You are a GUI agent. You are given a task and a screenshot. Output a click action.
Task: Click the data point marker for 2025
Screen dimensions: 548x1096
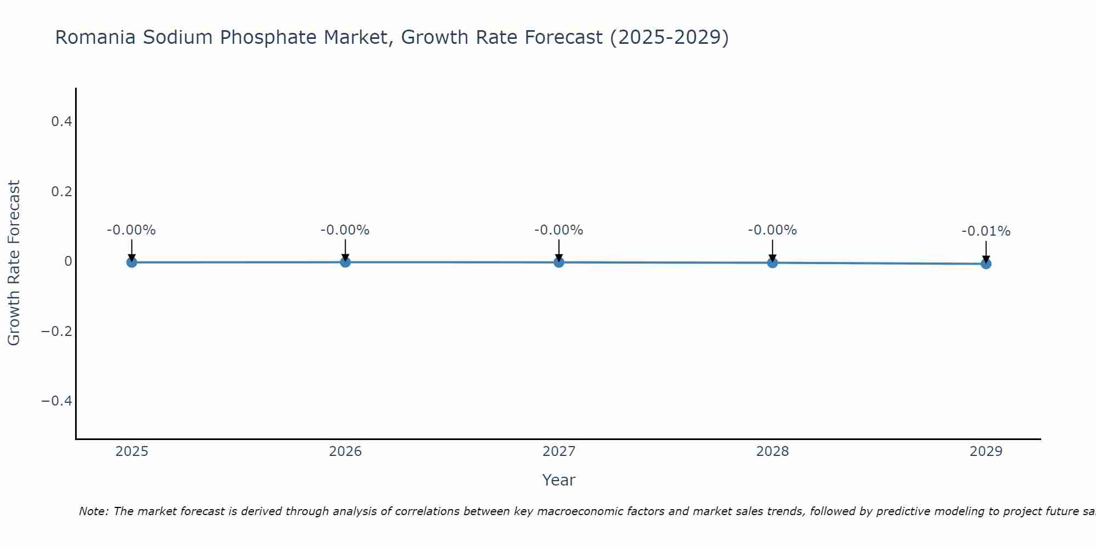pyautogui.click(x=132, y=262)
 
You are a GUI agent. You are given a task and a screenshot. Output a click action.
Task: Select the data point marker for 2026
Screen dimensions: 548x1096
pyautogui.click(x=345, y=262)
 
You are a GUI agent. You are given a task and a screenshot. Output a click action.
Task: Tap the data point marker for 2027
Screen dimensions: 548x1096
pyautogui.click(x=559, y=262)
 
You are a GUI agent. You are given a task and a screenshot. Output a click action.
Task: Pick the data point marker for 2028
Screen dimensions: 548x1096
pyautogui.click(x=772, y=262)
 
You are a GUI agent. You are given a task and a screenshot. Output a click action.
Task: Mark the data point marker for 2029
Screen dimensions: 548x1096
pyautogui.click(x=986, y=264)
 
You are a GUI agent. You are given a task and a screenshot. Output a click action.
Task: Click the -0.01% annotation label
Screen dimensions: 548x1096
pyautogui.click(x=986, y=231)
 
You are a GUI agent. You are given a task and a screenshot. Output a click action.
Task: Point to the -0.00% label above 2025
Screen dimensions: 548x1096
pyautogui.click(x=132, y=230)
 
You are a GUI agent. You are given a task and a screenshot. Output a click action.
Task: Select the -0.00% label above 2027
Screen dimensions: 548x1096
pyautogui.click(x=559, y=230)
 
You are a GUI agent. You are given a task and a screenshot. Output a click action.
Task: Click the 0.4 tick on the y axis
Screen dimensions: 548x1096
pyautogui.click(x=61, y=122)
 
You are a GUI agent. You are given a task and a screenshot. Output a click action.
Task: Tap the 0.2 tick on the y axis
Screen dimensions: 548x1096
pyautogui.click(x=61, y=192)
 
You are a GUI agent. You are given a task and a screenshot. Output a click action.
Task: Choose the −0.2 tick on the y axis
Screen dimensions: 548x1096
pyautogui.click(x=57, y=332)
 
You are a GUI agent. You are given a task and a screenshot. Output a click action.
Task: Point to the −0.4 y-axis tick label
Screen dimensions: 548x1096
pyautogui.click(x=57, y=401)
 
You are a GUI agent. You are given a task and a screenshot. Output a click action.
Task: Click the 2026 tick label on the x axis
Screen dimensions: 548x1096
pyautogui.click(x=345, y=452)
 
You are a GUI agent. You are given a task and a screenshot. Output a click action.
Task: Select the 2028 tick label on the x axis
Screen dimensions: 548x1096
pyautogui.click(x=772, y=452)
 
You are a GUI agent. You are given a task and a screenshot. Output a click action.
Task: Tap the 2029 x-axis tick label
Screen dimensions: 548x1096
pyautogui.click(x=986, y=452)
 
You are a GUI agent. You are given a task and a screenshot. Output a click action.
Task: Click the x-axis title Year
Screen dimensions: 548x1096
pyautogui.click(x=558, y=480)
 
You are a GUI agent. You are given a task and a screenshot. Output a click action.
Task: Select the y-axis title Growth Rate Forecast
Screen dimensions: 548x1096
pyautogui.click(x=14, y=263)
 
